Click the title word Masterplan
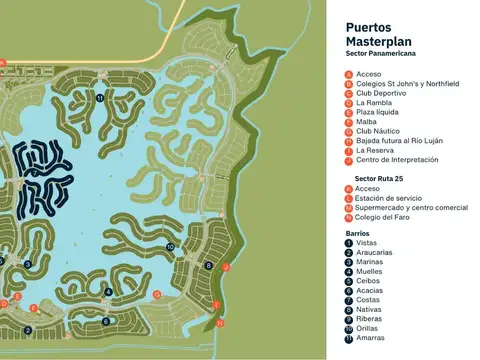coord(377,43)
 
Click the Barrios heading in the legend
coord(358,232)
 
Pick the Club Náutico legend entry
coord(378,131)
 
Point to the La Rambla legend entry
coord(375,103)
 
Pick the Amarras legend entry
coord(371,339)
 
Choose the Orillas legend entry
coord(368,329)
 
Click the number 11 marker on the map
coord(100,98)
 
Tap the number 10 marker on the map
coord(171,246)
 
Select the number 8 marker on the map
coord(208,265)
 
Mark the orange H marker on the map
coord(220,324)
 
